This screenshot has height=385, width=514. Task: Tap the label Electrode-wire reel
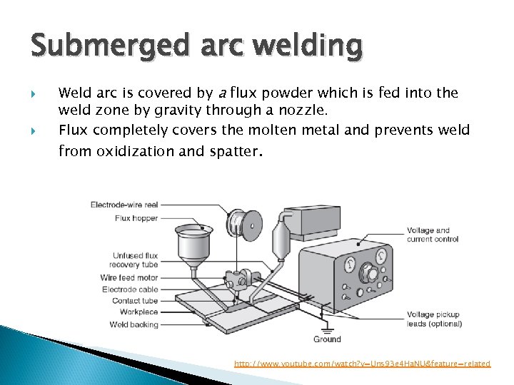click(124, 205)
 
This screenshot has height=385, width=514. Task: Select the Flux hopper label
click(136, 218)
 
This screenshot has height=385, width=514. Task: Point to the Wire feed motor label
click(129, 277)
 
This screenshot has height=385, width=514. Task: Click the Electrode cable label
click(130, 289)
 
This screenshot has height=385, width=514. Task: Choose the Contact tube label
click(135, 301)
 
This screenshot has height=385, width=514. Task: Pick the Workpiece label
click(138, 312)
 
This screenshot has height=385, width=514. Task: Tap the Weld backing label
click(134, 324)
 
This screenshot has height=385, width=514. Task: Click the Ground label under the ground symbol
click(327, 339)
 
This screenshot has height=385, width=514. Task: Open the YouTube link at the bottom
click(363, 364)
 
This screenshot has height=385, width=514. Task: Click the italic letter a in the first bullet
click(223, 93)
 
